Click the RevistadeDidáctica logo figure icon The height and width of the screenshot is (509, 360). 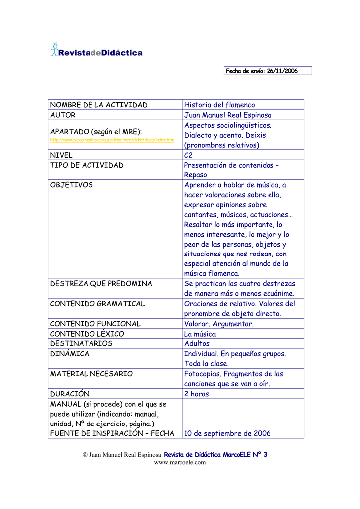54,49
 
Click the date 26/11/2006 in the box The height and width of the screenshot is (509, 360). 282,71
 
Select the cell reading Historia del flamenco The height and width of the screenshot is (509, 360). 219,105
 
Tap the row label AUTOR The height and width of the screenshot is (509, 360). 63,115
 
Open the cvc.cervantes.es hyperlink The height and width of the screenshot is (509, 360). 112,140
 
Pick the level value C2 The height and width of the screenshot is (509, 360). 189,155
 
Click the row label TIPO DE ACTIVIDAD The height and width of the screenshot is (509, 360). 87,165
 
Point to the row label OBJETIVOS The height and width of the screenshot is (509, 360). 72,185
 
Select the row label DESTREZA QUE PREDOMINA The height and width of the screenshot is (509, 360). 101,284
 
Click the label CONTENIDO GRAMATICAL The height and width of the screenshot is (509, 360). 97,304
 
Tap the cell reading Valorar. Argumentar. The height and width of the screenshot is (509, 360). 219,324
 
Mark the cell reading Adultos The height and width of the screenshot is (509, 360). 197,343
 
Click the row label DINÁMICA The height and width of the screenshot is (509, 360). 70,354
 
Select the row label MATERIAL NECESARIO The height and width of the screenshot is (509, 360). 91,374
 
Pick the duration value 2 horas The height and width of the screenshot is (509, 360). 196,394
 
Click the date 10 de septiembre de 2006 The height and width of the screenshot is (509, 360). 227,433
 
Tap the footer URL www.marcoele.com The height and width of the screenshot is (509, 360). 180,462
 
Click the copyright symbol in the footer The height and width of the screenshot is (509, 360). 85,455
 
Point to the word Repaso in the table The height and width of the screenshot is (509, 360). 195,175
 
